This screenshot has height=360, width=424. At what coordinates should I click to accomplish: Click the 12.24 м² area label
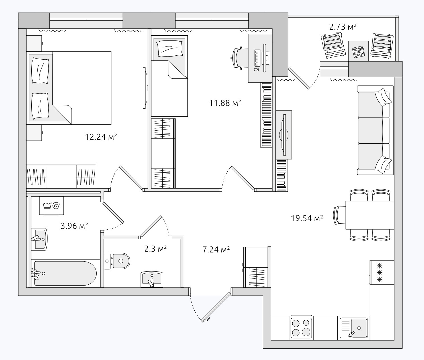pyautogui.click(x=101, y=137)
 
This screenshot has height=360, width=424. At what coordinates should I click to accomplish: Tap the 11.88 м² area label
pyautogui.click(x=225, y=103)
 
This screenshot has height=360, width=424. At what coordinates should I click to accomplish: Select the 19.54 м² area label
pyautogui.click(x=307, y=218)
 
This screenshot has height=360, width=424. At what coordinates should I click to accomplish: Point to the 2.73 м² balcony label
pyautogui.click(x=343, y=27)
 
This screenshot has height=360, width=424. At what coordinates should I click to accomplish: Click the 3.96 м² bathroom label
pyautogui.click(x=74, y=226)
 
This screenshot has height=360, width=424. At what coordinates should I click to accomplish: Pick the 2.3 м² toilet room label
pyautogui.click(x=155, y=249)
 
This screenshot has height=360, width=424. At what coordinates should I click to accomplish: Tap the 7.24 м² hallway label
pyautogui.click(x=216, y=250)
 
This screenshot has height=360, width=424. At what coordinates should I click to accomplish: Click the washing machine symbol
pyautogui.click(x=51, y=206)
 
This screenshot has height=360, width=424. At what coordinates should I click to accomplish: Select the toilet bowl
pyautogui.click(x=117, y=261)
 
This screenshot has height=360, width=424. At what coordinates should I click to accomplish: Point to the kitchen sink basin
pyautogui.click(x=359, y=328)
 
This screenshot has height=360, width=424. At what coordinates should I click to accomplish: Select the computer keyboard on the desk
pyautogui.click(x=257, y=58)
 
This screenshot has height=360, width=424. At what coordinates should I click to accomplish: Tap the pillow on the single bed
pyautogui.click(x=170, y=48)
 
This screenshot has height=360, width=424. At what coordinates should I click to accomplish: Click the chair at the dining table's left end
pyautogui.click(x=340, y=215)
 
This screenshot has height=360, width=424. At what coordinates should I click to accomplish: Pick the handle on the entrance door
pyautogui.click(x=207, y=319)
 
